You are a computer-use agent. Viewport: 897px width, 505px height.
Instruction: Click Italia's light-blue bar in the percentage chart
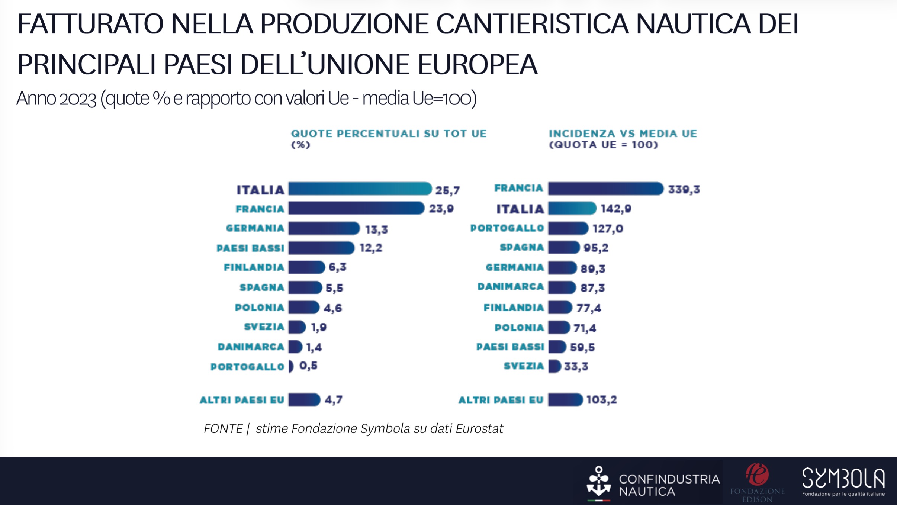[x=360, y=189]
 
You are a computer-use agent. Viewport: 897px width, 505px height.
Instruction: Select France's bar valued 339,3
[x=605, y=189]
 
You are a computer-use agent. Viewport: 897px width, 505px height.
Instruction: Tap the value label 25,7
[x=447, y=190]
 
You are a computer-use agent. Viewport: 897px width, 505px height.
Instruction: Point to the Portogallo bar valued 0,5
[x=291, y=366]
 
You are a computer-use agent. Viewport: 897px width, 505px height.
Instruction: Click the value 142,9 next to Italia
[x=616, y=209]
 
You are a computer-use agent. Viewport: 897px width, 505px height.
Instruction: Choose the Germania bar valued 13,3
[x=324, y=228]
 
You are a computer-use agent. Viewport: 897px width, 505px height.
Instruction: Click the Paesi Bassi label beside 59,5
[x=510, y=347]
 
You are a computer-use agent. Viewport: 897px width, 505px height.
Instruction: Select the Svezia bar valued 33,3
[x=554, y=366]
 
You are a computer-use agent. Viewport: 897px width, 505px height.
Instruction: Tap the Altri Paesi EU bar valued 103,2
[x=565, y=400]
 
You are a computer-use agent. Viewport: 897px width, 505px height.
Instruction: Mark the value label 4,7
[x=333, y=400]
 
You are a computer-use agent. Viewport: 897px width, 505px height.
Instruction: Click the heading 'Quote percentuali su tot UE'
[x=388, y=134]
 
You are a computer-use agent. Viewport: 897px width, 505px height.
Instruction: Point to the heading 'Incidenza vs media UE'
[x=623, y=134]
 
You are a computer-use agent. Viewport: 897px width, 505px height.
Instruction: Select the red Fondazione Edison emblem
[x=757, y=475]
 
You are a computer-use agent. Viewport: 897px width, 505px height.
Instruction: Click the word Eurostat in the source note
[x=479, y=429]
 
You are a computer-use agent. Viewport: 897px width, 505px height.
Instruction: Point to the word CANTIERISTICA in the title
[x=532, y=24]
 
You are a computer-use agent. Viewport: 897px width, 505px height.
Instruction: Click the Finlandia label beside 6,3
[x=254, y=267]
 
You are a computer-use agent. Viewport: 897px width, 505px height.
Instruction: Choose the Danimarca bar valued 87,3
[x=562, y=287]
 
